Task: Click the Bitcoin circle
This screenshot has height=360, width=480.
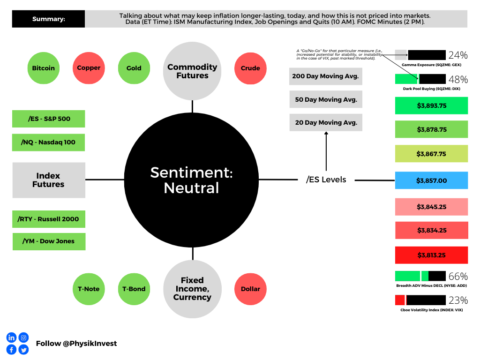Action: (x=44, y=68)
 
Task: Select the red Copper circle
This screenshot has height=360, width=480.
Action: (x=89, y=68)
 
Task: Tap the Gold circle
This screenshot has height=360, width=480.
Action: (x=134, y=68)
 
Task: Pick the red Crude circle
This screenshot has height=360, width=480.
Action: (x=250, y=68)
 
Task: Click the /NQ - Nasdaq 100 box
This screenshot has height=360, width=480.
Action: (x=48, y=142)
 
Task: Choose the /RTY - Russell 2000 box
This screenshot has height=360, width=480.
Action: (x=49, y=219)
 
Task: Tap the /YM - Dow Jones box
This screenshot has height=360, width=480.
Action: (x=49, y=241)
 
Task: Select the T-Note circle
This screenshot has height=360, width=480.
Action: (x=89, y=289)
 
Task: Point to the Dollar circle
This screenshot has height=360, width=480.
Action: (x=250, y=289)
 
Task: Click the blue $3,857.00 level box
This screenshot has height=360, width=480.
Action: (x=431, y=180)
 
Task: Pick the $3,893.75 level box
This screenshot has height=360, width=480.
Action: (x=431, y=105)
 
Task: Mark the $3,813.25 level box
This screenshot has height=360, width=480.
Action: (x=431, y=255)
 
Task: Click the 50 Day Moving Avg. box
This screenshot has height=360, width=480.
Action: (x=326, y=99)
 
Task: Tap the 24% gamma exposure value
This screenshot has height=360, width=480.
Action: (x=458, y=55)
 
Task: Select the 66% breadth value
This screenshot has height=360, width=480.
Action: (x=458, y=277)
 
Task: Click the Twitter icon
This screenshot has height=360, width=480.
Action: (x=23, y=350)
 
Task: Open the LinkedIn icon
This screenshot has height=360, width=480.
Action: (x=11, y=337)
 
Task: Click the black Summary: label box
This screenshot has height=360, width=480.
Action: (x=48, y=19)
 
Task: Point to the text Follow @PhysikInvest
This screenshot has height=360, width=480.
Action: (x=76, y=344)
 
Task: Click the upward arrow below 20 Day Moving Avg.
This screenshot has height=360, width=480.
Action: (x=326, y=151)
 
